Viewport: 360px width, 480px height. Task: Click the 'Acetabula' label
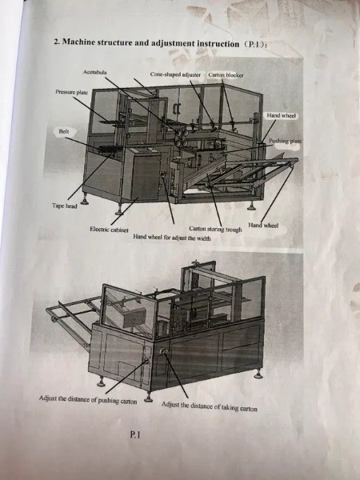[x=95, y=72]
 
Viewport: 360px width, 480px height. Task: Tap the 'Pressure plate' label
[x=72, y=92]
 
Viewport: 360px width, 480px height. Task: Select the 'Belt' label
[x=64, y=132]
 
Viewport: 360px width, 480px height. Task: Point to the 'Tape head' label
[x=64, y=206]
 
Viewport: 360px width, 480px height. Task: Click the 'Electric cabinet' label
[x=109, y=230]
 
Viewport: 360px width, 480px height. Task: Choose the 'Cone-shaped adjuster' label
[x=175, y=74]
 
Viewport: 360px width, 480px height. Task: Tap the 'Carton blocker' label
[x=226, y=75]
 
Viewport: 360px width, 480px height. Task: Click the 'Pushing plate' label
[x=286, y=141]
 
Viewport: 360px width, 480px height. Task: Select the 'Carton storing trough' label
[x=215, y=229]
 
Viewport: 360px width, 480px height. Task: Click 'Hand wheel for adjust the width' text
[x=172, y=238]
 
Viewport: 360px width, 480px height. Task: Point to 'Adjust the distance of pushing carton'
[x=88, y=400]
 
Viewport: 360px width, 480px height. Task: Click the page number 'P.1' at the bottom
[x=135, y=434]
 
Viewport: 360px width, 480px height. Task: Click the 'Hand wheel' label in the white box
[x=281, y=116]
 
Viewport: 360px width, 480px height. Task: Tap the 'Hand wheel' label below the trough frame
[x=263, y=226]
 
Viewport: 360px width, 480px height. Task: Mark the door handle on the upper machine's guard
[x=176, y=108]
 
